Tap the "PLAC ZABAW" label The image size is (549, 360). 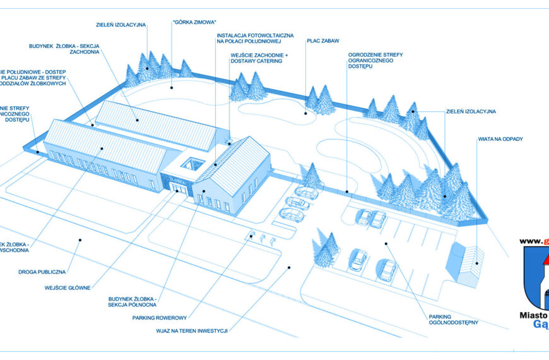323,41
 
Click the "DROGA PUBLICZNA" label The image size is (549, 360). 42,272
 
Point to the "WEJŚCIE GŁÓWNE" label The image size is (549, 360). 68,288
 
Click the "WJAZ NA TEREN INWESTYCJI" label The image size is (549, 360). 192,330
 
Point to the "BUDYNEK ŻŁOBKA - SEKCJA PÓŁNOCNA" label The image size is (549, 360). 131,301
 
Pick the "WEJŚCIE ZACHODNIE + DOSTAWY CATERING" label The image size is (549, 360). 259,59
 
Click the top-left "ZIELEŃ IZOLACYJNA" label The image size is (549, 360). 121,25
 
